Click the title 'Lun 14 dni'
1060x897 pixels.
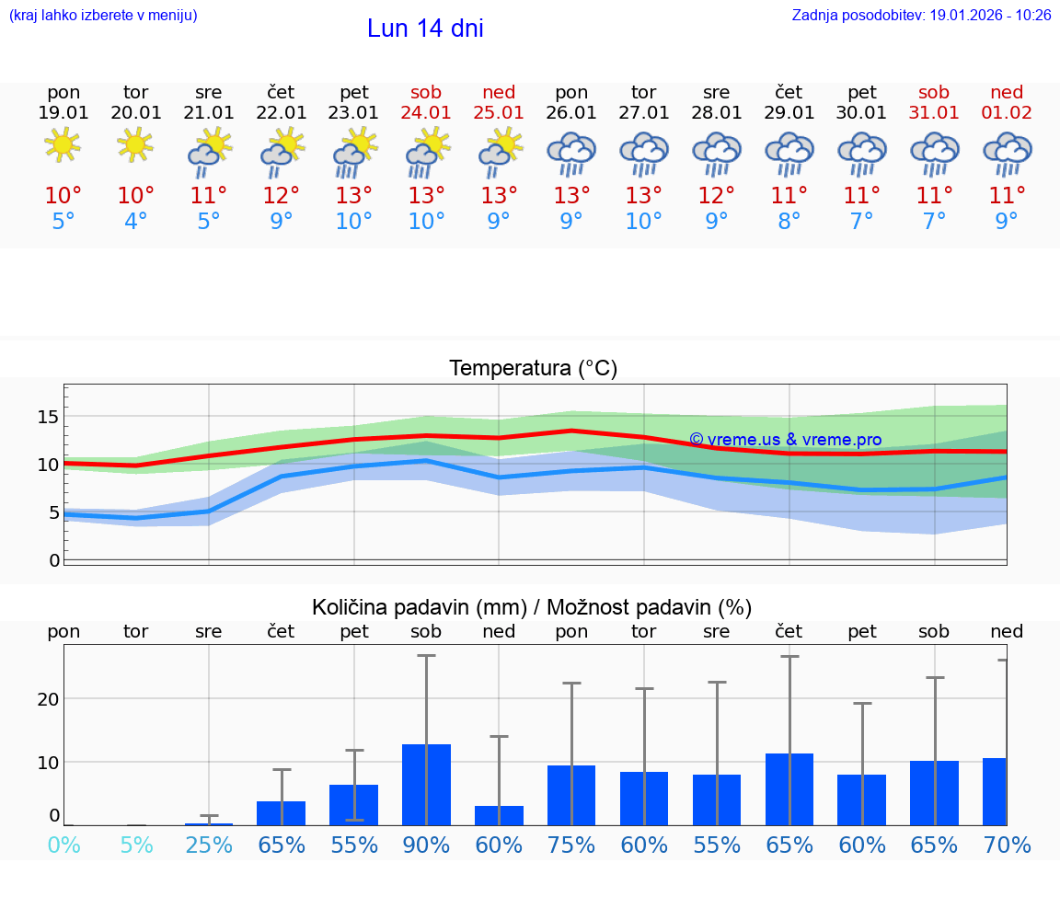(425, 29)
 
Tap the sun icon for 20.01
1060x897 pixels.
(136, 144)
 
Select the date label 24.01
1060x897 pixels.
(426, 113)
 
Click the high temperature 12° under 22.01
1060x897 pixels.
(282, 196)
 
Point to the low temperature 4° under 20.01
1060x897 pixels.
(136, 222)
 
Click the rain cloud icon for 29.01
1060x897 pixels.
(789, 154)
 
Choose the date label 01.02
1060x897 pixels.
(1007, 113)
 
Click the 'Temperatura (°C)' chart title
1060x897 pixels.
(533, 369)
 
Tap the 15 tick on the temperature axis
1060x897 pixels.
(49, 417)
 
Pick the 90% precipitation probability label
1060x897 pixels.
(426, 845)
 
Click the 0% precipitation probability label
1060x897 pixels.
(63, 845)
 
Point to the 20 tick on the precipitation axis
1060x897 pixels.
(49, 698)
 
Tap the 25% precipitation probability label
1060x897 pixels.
(209, 845)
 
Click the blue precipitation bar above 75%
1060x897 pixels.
(571, 795)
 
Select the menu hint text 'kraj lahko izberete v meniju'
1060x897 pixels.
(102, 16)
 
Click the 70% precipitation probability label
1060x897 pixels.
(1007, 845)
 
